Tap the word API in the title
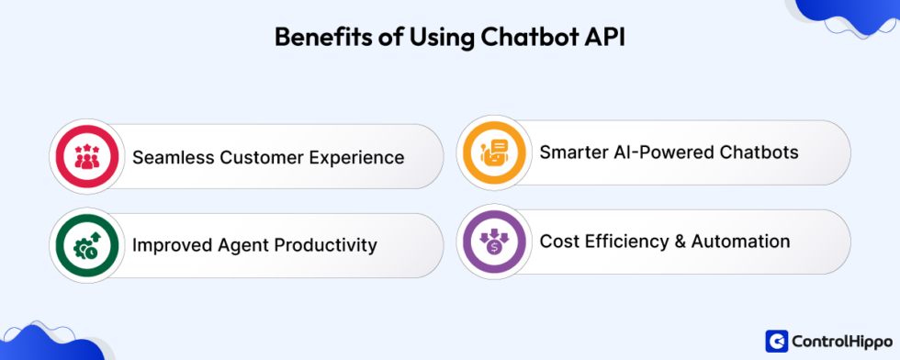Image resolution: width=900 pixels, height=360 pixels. (x=603, y=39)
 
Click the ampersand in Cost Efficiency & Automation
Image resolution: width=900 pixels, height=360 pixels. (x=675, y=242)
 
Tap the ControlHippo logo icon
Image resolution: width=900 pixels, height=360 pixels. (x=776, y=341)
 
